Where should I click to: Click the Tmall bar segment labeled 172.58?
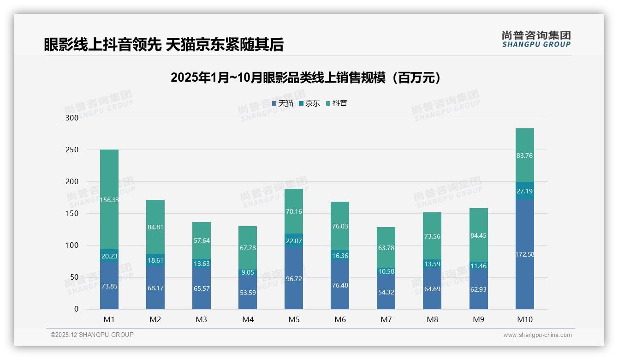click(x=524, y=254)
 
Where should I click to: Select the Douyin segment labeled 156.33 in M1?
click(x=109, y=199)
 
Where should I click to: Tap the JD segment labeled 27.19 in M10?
click(x=524, y=191)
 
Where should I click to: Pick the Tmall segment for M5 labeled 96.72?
click(x=294, y=279)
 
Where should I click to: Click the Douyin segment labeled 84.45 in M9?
click(x=478, y=235)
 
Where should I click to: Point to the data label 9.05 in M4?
click(x=248, y=272)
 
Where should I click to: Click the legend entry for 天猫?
click(x=283, y=103)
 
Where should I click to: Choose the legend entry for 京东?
click(x=309, y=103)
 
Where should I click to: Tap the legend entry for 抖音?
click(x=337, y=103)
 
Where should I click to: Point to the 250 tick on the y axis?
click(x=72, y=150)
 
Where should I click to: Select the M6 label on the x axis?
click(x=340, y=319)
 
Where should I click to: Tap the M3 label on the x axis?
click(x=202, y=319)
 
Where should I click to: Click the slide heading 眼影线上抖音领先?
click(x=101, y=44)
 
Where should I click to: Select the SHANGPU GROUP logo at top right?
click(x=536, y=39)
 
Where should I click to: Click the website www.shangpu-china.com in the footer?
click(x=537, y=335)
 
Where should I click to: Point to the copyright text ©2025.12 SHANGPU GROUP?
click(x=92, y=335)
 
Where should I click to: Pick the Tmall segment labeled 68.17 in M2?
click(x=155, y=288)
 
